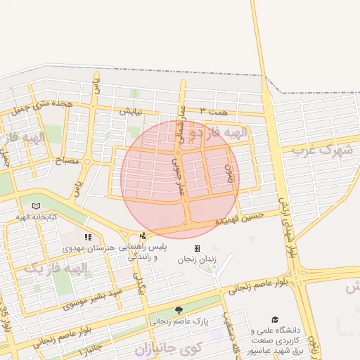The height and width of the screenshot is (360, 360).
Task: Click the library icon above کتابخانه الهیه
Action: point(36,206)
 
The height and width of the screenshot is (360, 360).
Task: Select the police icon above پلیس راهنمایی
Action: point(143,236)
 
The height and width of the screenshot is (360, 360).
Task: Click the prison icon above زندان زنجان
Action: point(197,248)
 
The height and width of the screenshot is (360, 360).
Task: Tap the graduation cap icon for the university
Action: point(275,319)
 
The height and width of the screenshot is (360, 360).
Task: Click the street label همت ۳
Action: point(214,111)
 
